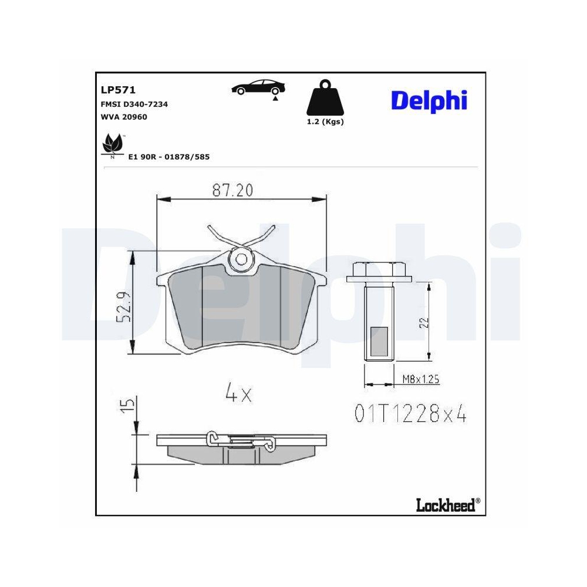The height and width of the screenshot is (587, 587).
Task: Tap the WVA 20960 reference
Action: [124, 117]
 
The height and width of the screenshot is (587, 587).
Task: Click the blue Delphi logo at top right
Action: [429, 100]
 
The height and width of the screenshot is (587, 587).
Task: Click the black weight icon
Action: [325, 98]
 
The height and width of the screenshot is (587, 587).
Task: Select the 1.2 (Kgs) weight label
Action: [325, 122]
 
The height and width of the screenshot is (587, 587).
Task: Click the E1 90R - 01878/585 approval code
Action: [168, 157]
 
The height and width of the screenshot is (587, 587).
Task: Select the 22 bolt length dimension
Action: [424, 321]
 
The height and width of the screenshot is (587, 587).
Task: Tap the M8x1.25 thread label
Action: [420, 380]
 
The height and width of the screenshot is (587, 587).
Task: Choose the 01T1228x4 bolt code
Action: [410, 414]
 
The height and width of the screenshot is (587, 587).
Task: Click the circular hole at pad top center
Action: [241, 259]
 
